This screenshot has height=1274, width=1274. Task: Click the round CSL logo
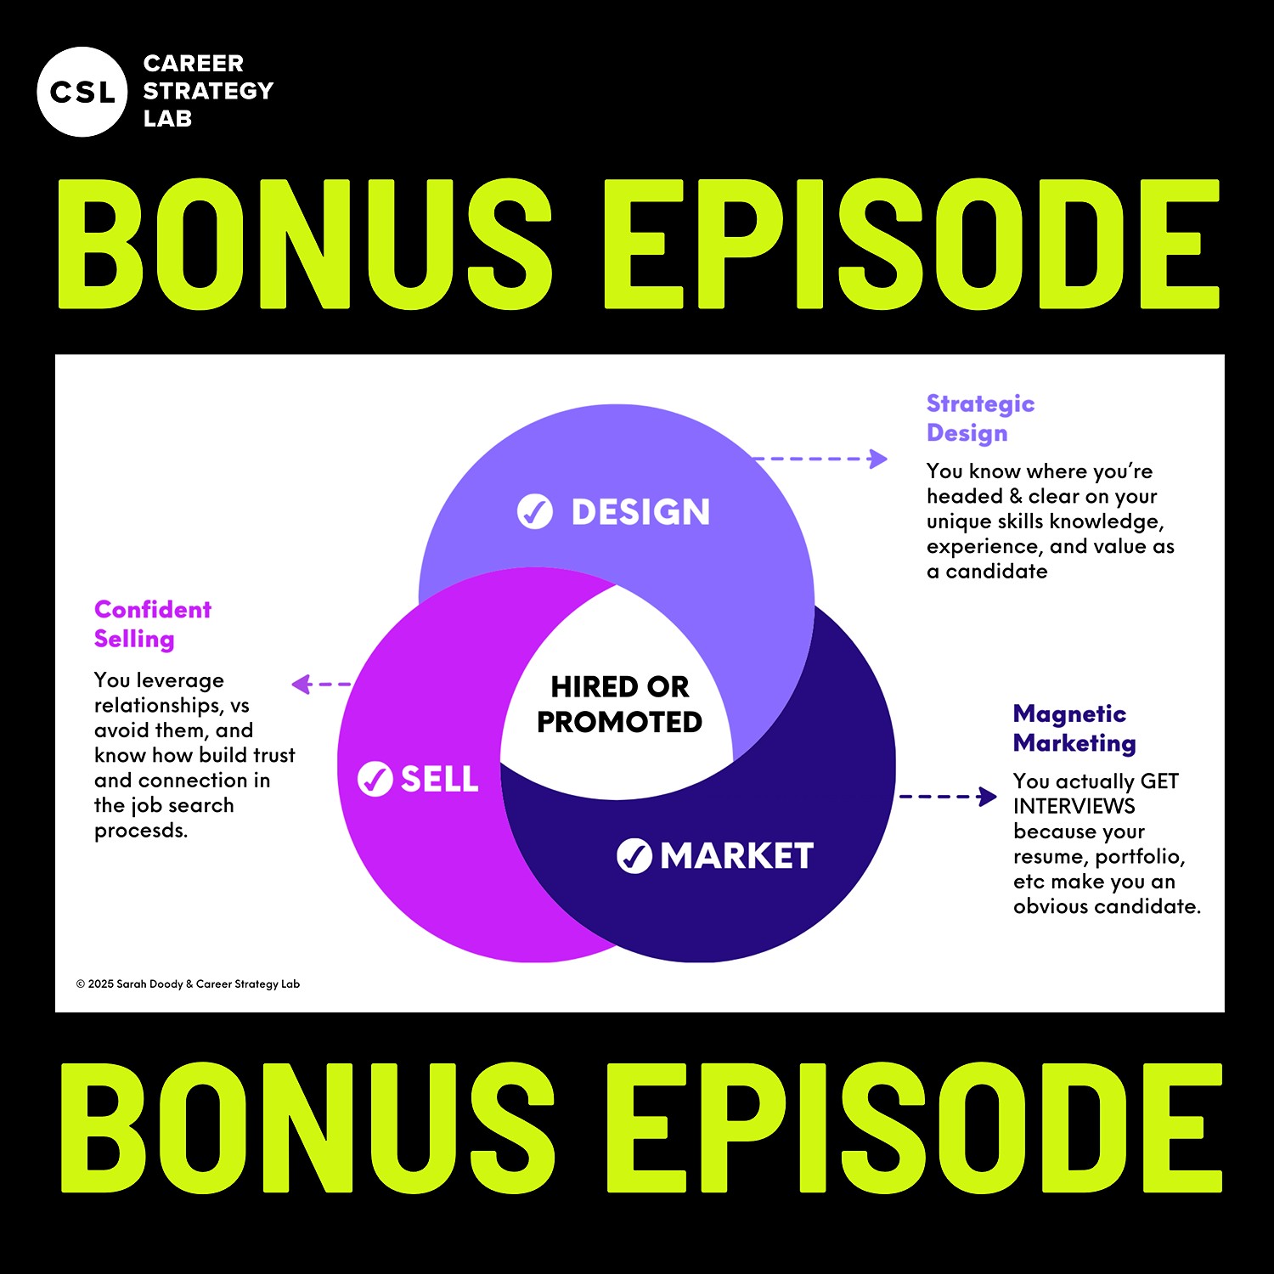[x=82, y=92]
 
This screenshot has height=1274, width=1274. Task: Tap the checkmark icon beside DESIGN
[x=535, y=511]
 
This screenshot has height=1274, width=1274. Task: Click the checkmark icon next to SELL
[x=375, y=779]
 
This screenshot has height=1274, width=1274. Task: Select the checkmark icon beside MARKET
[x=634, y=855]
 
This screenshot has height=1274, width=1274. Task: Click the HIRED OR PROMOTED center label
[x=619, y=704]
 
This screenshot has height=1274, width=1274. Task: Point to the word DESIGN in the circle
[x=640, y=512]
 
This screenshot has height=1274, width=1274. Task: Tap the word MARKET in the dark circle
[x=737, y=856]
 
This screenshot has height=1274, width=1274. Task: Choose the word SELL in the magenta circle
[x=439, y=779]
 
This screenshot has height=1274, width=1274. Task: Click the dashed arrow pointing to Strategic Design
[x=820, y=459]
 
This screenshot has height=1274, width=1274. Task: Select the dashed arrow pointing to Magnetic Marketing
[x=947, y=797]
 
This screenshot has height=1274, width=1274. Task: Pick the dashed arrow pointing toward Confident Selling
[x=320, y=684]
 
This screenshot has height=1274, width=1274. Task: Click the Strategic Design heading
[x=980, y=418]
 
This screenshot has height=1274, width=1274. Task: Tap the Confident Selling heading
[x=153, y=623]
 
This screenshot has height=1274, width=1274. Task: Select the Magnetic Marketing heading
[x=1074, y=728]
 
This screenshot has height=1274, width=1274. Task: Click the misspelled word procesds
[x=141, y=831]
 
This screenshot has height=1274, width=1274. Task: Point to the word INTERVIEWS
[x=1074, y=806]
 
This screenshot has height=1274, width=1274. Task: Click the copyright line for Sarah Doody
[x=188, y=984]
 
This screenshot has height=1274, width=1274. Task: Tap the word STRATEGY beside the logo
[x=208, y=91]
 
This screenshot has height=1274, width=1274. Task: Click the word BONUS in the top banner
[x=305, y=244]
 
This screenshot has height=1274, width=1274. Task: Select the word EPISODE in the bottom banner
[x=913, y=1127]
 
